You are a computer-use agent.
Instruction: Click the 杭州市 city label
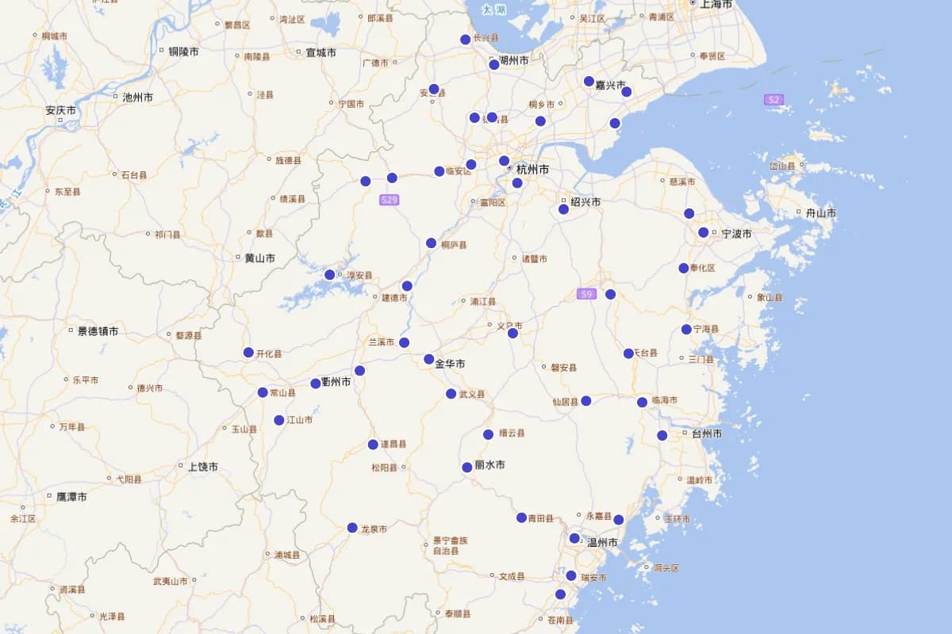[x=532, y=170]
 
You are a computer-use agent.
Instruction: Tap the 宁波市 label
[x=736, y=234]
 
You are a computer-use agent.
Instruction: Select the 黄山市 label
[x=259, y=258]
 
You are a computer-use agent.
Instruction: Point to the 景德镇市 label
[x=98, y=331]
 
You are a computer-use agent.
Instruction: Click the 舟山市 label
[x=820, y=213]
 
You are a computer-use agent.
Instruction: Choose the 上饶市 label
[x=203, y=467]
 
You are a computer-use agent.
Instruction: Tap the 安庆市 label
[x=61, y=111]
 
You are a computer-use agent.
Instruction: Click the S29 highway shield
[x=389, y=200]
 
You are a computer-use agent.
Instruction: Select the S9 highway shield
[x=586, y=294]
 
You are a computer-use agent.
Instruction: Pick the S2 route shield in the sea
[x=773, y=100]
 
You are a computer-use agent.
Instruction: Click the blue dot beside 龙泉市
[x=352, y=528]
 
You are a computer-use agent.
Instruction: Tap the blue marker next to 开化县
[x=248, y=353]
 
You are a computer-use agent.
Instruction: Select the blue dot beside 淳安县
[x=330, y=275]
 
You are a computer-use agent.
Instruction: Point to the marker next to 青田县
[x=521, y=518]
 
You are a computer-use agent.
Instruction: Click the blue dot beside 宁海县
[x=686, y=330]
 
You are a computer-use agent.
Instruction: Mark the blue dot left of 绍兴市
[x=563, y=209]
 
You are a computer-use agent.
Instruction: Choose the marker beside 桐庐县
[x=431, y=243]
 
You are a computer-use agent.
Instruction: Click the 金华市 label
[x=450, y=364]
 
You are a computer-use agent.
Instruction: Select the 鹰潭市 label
[x=71, y=497]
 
